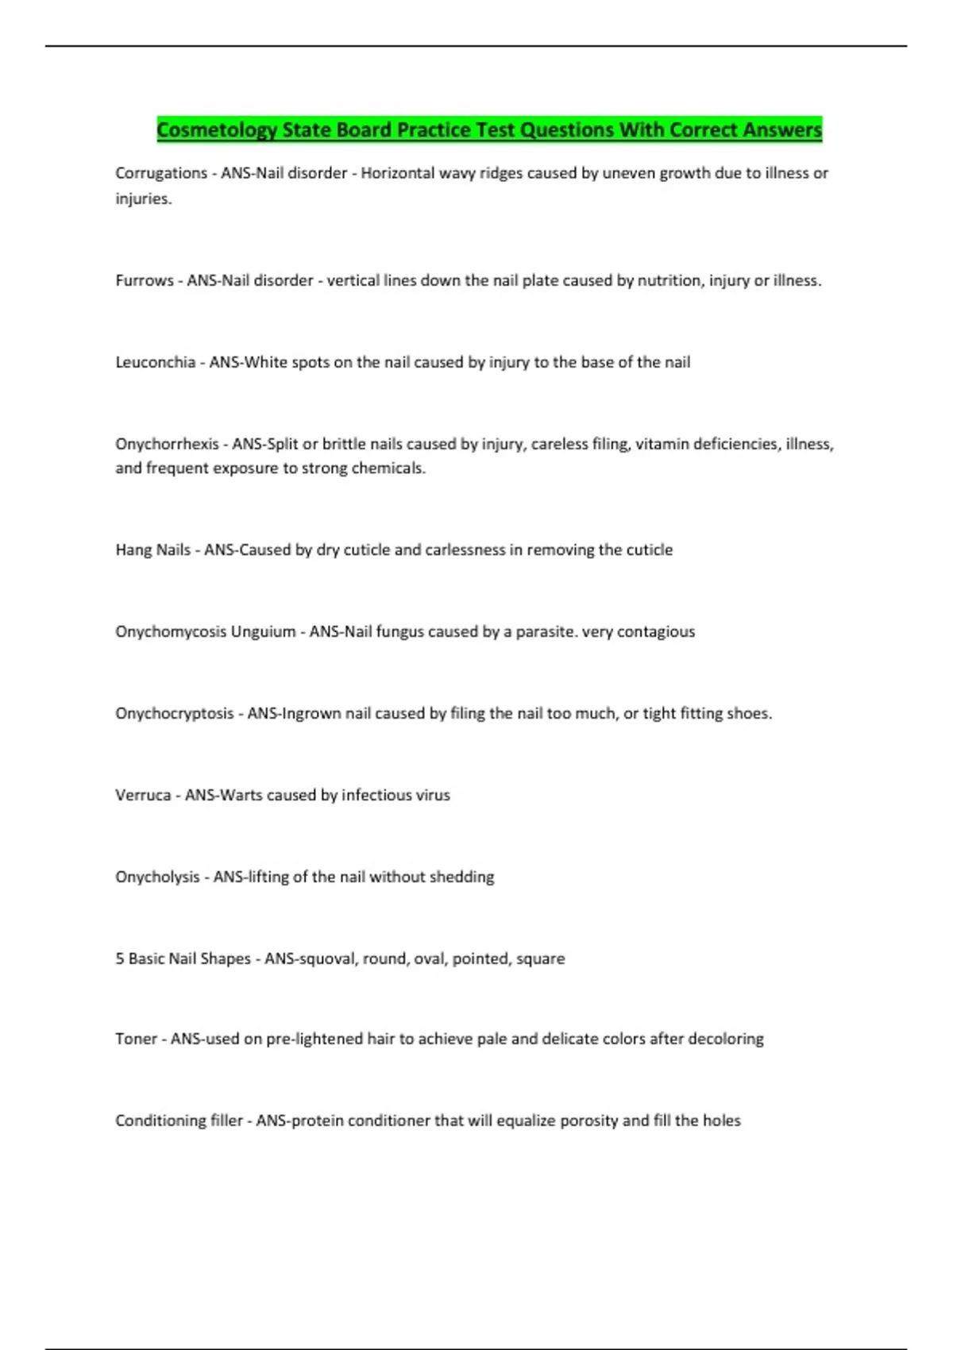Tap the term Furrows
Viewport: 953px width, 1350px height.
[x=145, y=280]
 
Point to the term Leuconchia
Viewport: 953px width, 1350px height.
[x=155, y=362]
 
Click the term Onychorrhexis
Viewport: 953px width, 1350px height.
[x=167, y=444]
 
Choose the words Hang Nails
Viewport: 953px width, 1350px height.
[x=152, y=550]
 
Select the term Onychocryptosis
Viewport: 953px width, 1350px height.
[x=174, y=713]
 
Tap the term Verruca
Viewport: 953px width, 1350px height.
[x=143, y=795]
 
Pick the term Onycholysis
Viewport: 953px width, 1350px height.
[x=157, y=877]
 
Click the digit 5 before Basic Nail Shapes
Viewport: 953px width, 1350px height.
[x=120, y=958]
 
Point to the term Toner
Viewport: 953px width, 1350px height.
[x=136, y=1039]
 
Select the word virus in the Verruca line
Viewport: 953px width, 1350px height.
[x=434, y=795]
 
